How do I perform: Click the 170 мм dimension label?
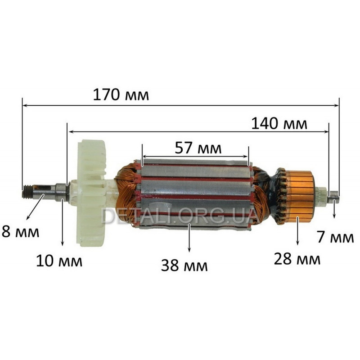(x=121, y=94)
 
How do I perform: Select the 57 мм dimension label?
(x=198, y=148)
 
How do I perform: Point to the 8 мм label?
(x=20, y=232)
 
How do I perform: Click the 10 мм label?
(x=59, y=261)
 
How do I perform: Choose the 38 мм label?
(x=184, y=265)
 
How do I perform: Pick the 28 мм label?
(x=297, y=259)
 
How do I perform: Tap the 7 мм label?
(x=335, y=238)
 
